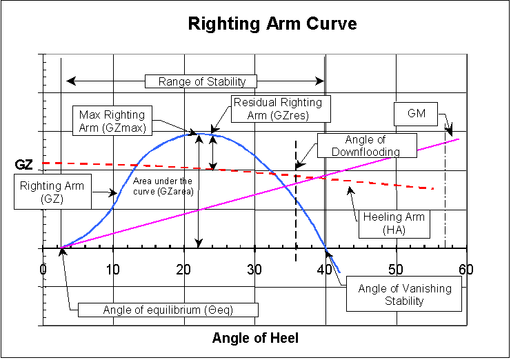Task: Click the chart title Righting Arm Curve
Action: pyautogui.click(x=273, y=24)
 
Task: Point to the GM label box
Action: pyautogui.click(x=416, y=114)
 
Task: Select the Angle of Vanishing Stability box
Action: pyautogui.click(x=405, y=294)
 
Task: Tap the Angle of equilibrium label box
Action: pyautogui.click(x=168, y=309)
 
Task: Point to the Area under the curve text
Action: pyautogui.click(x=163, y=186)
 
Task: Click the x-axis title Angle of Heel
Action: pyautogui.click(x=255, y=338)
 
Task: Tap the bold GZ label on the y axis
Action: pyautogui.click(x=23, y=165)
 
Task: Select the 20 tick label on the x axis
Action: pyautogui.click(x=183, y=268)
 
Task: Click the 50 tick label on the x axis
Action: pyautogui.click(x=396, y=268)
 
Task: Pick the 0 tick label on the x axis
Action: pyautogui.click(x=43, y=268)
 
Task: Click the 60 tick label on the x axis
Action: pyautogui.click(x=466, y=268)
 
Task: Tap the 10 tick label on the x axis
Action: pyautogui.click(x=113, y=268)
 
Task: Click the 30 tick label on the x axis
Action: pyautogui.click(x=254, y=268)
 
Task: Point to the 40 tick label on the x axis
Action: pyautogui.click(x=325, y=268)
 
